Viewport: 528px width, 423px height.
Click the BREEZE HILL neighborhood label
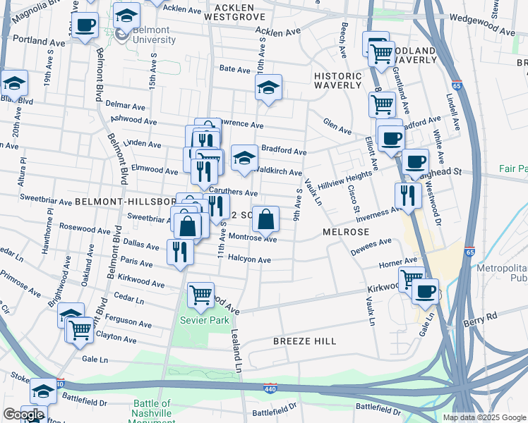tap(305, 341)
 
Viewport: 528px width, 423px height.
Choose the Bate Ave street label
tap(235, 70)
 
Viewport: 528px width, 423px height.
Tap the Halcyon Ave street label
tap(255, 260)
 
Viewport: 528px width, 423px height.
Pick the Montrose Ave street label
tap(251, 238)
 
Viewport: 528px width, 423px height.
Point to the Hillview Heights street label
tap(344, 179)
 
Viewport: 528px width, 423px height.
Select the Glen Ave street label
tap(337, 129)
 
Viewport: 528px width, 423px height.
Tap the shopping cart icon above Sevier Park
tap(201, 294)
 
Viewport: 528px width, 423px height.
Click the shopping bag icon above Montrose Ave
tap(265, 219)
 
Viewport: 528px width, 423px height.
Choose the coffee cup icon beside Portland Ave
tap(85, 25)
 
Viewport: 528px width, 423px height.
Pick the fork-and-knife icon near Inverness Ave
tap(407, 195)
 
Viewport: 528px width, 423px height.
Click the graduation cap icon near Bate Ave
tap(268, 88)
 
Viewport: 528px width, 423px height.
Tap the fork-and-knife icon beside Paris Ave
tap(180, 251)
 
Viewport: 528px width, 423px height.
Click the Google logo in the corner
tap(23, 415)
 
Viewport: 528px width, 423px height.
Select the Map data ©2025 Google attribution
tap(484, 417)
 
